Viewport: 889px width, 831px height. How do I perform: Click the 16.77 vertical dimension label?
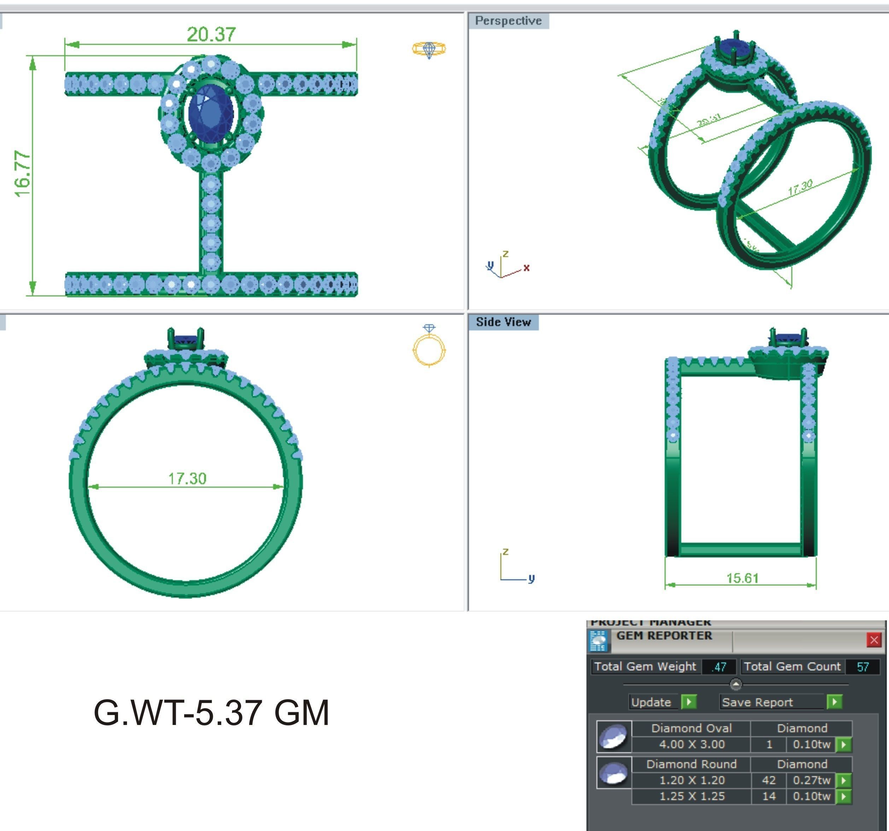coord(22,174)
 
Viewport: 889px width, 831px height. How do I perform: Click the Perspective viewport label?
coord(508,21)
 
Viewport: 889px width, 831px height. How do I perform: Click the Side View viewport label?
coord(503,322)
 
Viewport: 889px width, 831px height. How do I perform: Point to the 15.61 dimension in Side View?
coord(742,578)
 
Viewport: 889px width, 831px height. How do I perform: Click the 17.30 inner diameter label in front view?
coord(187,479)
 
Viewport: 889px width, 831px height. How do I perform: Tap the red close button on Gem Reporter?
coord(874,640)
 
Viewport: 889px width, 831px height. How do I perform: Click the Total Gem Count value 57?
coord(862,667)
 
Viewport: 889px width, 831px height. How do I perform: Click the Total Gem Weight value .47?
coord(719,667)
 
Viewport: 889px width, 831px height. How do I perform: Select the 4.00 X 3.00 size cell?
coord(692,744)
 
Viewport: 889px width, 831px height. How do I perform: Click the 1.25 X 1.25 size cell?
coord(692,796)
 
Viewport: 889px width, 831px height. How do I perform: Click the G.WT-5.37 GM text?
coord(211,713)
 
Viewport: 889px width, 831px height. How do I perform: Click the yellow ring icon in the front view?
coord(429,347)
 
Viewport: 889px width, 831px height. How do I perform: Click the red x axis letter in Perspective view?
coord(526,268)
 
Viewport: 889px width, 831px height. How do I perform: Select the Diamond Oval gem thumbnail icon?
coord(614,736)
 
